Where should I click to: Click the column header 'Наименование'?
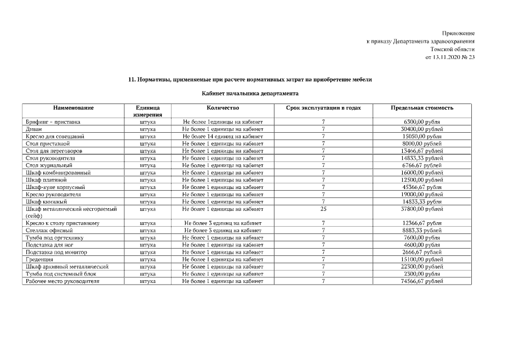click(x=73, y=107)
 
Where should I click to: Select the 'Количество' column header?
click(x=223, y=107)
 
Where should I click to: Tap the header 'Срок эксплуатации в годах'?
click(x=323, y=107)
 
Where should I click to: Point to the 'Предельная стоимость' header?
click(x=422, y=107)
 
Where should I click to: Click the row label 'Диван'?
click(x=33, y=129)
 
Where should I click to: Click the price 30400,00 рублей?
click(x=422, y=129)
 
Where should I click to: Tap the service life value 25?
click(x=323, y=209)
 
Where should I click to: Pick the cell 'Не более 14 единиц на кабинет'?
click(x=223, y=136)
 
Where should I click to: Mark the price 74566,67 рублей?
click(x=422, y=281)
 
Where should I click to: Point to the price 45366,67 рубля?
click(x=422, y=187)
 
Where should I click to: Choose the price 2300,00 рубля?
click(x=422, y=273)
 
